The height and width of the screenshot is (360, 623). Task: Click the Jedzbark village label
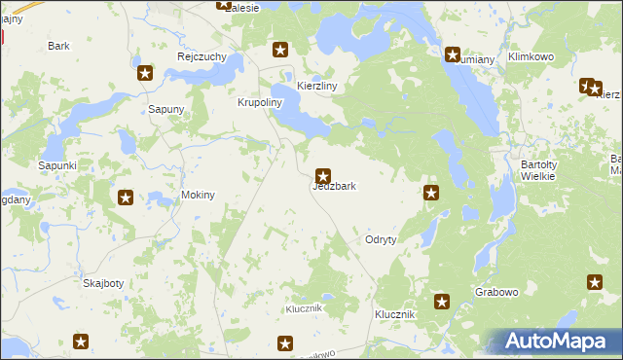[340, 186]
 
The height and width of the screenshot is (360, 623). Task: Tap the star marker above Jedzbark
[323, 176]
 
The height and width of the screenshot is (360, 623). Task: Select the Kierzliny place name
[316, 87]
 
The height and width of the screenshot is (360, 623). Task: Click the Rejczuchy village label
[202, 56]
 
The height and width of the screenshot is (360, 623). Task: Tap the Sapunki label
[56, 166]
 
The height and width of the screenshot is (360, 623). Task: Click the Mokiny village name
[198, 196]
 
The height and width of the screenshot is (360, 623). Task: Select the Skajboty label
[102, 283]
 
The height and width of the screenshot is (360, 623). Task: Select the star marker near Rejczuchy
[145, 73]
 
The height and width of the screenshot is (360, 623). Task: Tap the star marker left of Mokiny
[126, 198]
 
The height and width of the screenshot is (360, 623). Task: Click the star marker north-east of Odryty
[432, 193]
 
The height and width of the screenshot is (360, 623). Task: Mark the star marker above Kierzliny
[280, 50]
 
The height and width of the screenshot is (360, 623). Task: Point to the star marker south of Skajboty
[81, 342]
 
